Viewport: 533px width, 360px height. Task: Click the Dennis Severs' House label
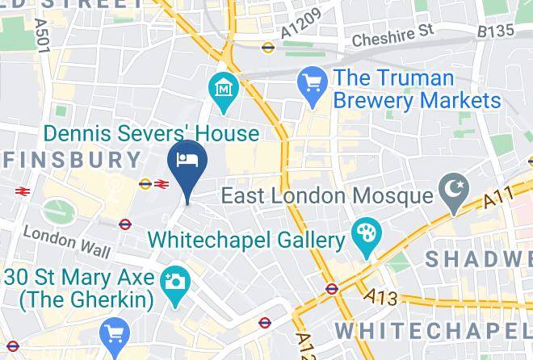152,133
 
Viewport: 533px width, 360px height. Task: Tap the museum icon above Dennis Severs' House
222,88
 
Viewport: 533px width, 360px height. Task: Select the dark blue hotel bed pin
187,160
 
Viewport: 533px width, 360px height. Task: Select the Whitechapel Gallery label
246,240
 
